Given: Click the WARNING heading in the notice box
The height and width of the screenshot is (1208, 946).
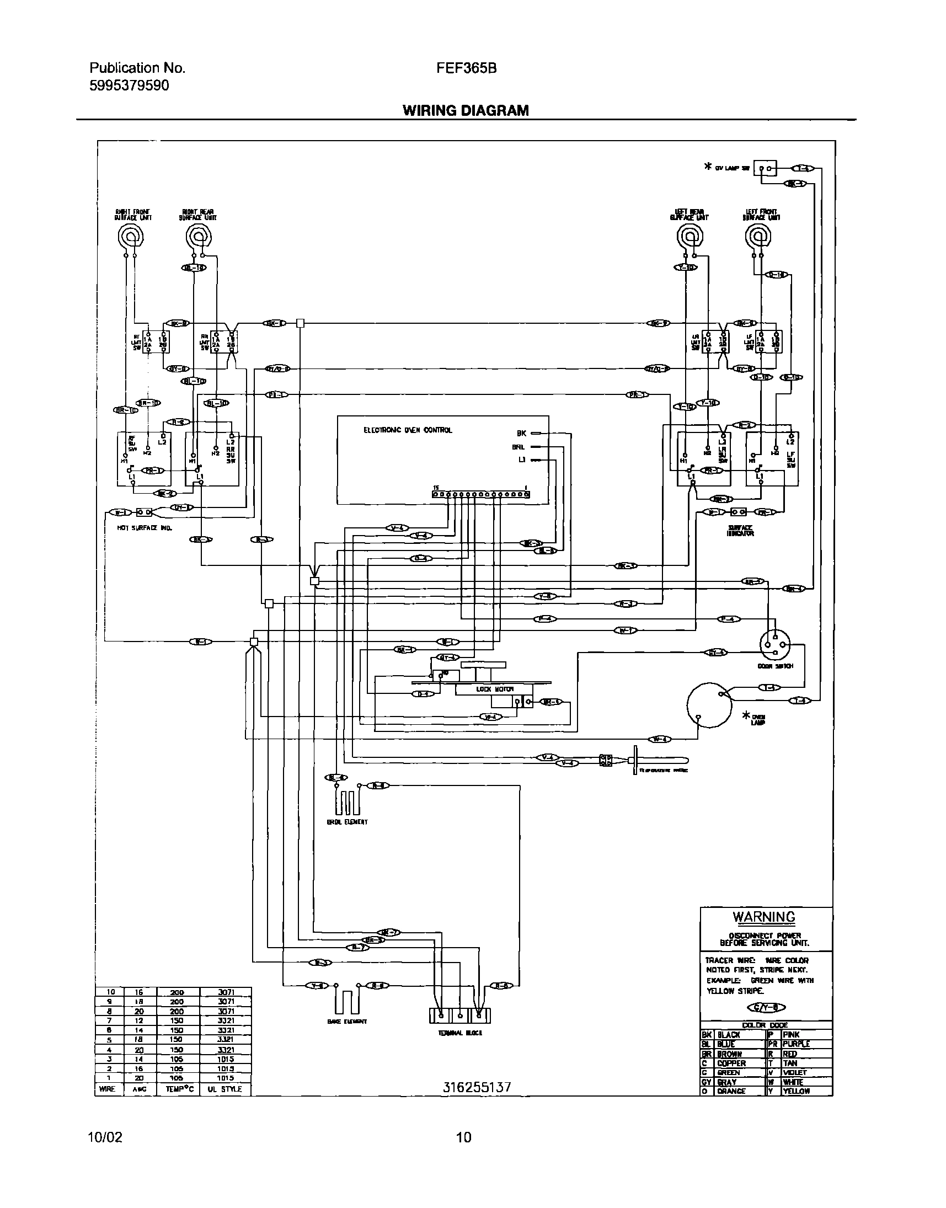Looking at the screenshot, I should (x=764, y=917).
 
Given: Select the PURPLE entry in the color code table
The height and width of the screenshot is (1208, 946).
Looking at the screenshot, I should (x=796, y=1044).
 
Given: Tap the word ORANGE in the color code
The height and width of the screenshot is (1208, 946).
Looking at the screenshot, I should (x=731, y=1091).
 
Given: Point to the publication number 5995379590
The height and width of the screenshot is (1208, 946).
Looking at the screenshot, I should (x=129, y=85).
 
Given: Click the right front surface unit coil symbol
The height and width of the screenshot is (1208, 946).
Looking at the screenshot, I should (x=131, y=238).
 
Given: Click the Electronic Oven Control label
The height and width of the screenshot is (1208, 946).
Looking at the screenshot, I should (x=408, y=430).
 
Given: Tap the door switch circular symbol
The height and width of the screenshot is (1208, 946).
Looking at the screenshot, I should (x=775, y=645).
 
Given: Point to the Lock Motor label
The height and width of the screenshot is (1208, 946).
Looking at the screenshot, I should (x=488, y=689).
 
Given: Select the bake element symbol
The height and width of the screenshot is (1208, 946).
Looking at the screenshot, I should (x=346, y=1002).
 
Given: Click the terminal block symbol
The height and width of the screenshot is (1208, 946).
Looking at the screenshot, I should (x=459, y=1015).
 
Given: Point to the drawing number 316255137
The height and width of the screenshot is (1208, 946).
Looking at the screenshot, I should (x=477, y=1087).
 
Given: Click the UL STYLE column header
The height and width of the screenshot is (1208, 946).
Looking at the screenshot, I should (x=225, y=1089).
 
